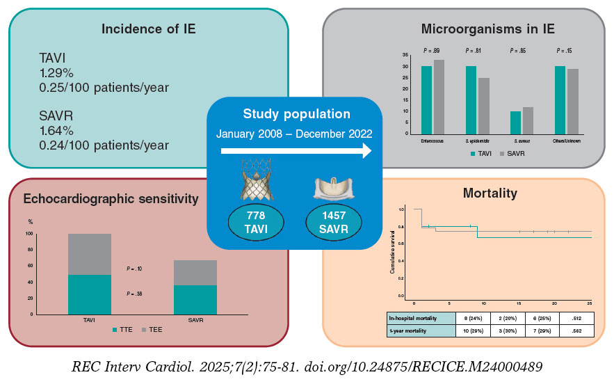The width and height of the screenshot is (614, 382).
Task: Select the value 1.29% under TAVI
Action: [62, 74]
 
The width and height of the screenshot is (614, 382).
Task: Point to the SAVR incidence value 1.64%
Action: [62, 132]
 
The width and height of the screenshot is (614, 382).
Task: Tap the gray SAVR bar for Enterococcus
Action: [439, 97]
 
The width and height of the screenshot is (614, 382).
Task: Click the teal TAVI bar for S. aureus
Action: [515, 122]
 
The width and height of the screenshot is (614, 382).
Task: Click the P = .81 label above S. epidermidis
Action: [473, 51]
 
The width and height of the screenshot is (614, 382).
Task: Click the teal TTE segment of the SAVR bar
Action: [195, 300]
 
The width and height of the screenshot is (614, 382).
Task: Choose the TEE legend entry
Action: [151, 328]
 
